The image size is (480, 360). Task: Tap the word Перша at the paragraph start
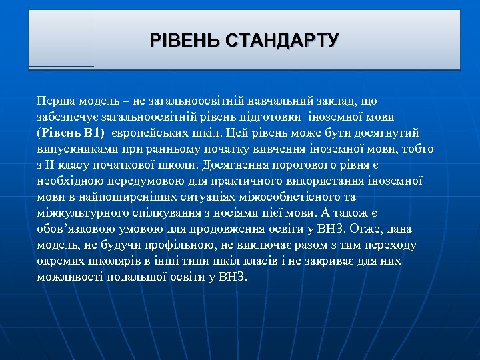point(55,101)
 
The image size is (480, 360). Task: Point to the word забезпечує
point(65,117)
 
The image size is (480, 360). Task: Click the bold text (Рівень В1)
point(71,133)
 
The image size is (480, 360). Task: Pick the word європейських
point(152,133)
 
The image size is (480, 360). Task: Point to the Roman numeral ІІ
point(54,165)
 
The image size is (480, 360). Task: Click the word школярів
point(109,261)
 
